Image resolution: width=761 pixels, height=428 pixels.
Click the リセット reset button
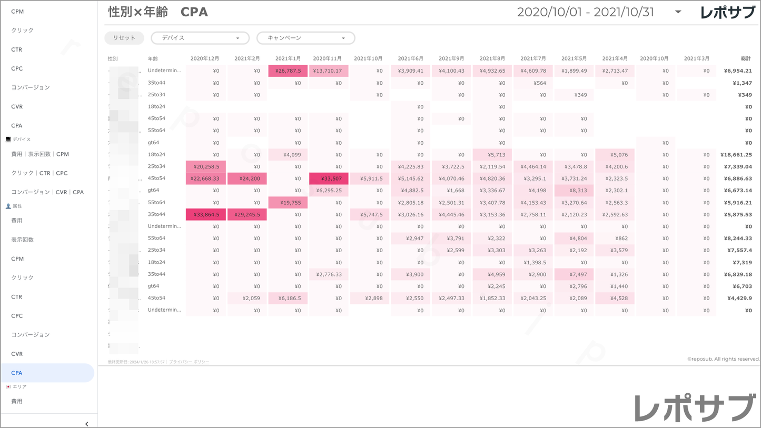(x=124, y=38)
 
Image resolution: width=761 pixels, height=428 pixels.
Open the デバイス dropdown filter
(x=200, y=38)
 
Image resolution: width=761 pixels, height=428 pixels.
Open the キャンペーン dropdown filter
(x=305, y=38)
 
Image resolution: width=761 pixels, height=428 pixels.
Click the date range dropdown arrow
(x=678, y=12)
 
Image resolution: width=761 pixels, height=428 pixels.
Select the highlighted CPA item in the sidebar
(x=47, y=373)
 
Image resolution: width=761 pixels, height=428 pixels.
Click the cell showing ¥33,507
(x=329, y=178)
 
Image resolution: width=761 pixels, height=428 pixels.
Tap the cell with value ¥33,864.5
(x=206, y=214)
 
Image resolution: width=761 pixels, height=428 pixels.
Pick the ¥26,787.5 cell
(x=288, y=71)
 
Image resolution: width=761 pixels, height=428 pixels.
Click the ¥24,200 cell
(x=247, y=178)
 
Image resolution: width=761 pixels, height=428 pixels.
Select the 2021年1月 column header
(x=288, y=58)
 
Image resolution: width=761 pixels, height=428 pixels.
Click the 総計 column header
(x=745, y=58)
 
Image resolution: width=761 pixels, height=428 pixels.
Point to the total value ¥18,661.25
(x=736, y=155)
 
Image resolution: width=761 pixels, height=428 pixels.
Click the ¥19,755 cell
(x=288, y=203)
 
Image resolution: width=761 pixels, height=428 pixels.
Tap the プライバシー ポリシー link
(x=189, y=362)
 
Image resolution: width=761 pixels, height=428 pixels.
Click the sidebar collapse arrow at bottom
(x=87, y=424)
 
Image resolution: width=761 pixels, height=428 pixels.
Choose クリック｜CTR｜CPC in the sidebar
(x=39, y=173)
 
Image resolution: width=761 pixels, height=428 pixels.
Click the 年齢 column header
(x=153, y=58)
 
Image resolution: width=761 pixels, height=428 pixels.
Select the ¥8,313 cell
(x=574, y=191)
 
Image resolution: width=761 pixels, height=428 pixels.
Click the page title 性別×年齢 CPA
(x=158, y=12)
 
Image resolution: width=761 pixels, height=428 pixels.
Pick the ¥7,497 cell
(x=574, y=274)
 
